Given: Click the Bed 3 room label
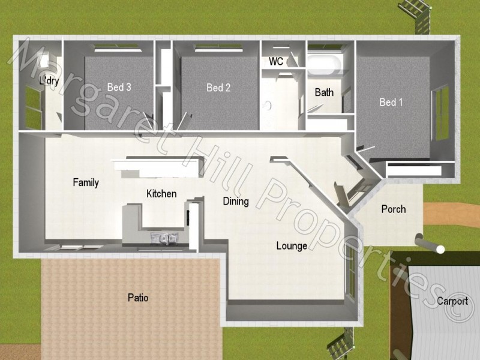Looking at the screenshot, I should click(x=119, y=88).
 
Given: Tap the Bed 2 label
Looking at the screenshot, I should click(x=218, y=88).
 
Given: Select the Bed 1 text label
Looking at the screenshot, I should click(x=391, y=102).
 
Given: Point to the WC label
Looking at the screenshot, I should click(x=276, y=62).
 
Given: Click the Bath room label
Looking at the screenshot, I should click(x=324, y=92).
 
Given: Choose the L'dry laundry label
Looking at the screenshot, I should click(x=49, y=81).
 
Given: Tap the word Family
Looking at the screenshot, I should click(x=86, y=182).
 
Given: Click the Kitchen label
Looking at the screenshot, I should click(x=161, y=194).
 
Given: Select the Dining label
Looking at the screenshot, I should click(x=236, y=201).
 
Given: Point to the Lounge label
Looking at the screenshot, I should click(x=292, y=245).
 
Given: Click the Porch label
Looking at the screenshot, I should click(x=394, y=209).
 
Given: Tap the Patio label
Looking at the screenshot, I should click(x=138, y=297).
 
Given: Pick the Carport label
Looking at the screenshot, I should click(x=452, y=301).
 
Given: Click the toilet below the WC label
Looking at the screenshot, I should click(x=268, y=105).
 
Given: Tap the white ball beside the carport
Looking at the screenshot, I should click(x=441, y=249).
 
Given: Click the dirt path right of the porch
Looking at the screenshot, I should click(x=453, y=213).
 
